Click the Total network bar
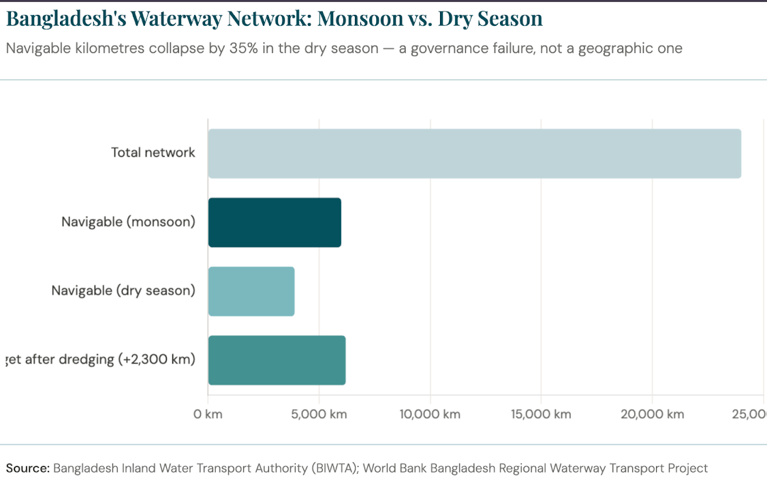474,153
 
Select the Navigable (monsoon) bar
275,222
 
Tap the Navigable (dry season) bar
251,291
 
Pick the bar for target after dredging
277,360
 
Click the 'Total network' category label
153,153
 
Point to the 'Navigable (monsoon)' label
128,222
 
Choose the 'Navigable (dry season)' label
123,290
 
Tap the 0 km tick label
208,415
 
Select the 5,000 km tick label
319,415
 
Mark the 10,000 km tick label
430,415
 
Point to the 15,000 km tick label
541,415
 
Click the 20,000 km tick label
652,415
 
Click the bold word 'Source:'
28,468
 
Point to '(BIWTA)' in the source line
333,468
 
